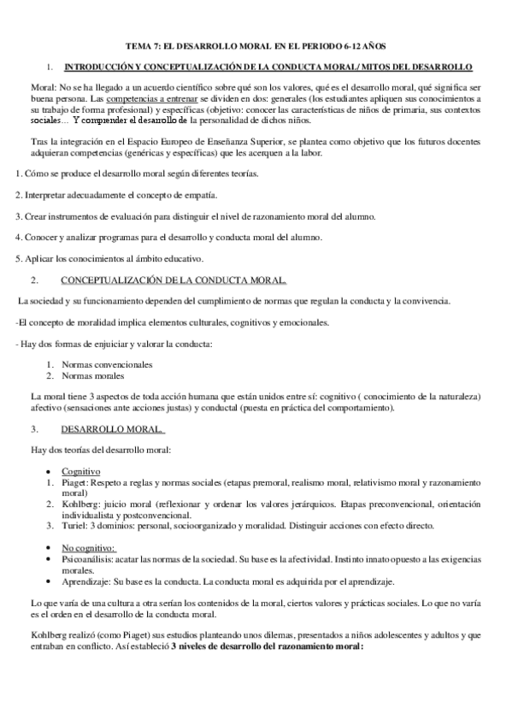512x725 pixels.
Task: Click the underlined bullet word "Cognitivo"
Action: click(81, 471)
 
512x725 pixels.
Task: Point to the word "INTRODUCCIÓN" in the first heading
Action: click(103, 66)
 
